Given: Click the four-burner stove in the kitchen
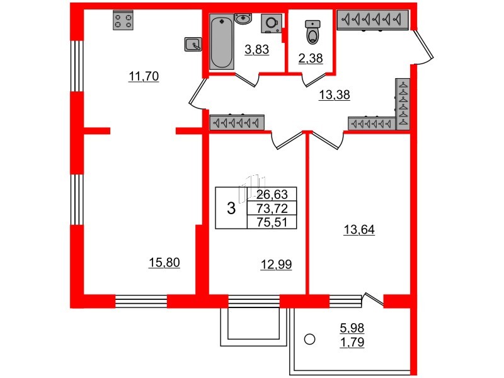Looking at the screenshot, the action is [x=123, y=20].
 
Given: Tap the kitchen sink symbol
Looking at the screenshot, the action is [x=193, y=44].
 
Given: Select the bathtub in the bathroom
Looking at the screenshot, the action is [x=222, y=42].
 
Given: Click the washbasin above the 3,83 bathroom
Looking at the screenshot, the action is [x=243, y=18].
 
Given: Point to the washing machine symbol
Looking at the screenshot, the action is [x=272, y=23].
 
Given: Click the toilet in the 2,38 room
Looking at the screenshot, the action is [x=312, y=32].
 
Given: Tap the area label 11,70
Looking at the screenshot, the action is [x=144, y=76].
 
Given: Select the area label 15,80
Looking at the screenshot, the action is [x=164, y=263].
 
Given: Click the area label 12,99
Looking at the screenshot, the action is [x=277, y=265].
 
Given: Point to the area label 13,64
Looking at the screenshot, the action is [x=359, y=230].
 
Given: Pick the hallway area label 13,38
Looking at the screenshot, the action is [x=335, y=95].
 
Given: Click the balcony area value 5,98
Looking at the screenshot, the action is [x=352, y=328].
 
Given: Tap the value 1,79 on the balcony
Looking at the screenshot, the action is [x=352, y=342].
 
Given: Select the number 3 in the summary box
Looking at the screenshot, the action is [x=231, y=209].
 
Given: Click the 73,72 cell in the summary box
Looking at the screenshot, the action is [x=272, y=209].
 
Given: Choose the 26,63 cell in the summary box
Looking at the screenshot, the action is [x=272, y=194].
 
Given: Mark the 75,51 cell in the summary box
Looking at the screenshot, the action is [x=272, y=222].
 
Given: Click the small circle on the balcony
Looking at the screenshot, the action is [x=309, y=339].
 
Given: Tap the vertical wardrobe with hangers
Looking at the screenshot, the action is [x=403, y=104].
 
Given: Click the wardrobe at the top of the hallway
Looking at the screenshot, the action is [x=373, y=20].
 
